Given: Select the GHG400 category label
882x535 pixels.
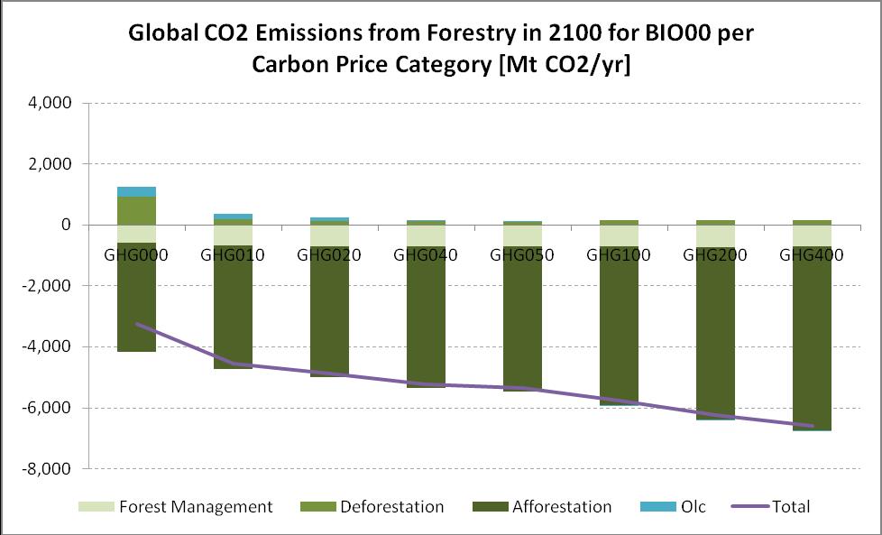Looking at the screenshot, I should point(812,254).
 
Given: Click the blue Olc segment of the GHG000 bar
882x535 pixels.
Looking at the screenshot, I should point(136,191).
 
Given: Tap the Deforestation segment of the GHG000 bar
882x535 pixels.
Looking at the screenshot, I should point(136,210).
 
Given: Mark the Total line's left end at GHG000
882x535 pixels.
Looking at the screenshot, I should point(137,323).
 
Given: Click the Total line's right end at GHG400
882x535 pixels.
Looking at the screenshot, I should point(812,426).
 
